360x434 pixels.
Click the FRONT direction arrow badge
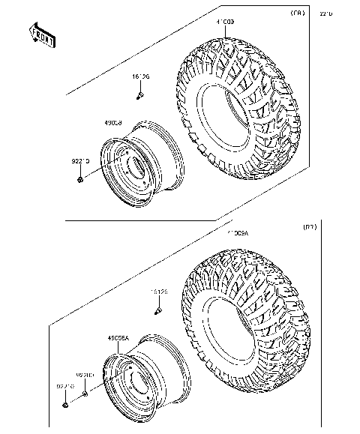tap(42, 35)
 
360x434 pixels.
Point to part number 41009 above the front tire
tap(226, 24)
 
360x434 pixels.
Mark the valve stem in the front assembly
tap(140, 95)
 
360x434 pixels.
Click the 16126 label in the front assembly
tap(140, 76)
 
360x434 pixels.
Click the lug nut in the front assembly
tap(79, 179)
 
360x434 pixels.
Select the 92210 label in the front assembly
tap(81, 160)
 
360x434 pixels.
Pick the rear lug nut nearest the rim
tap(85, 392)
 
